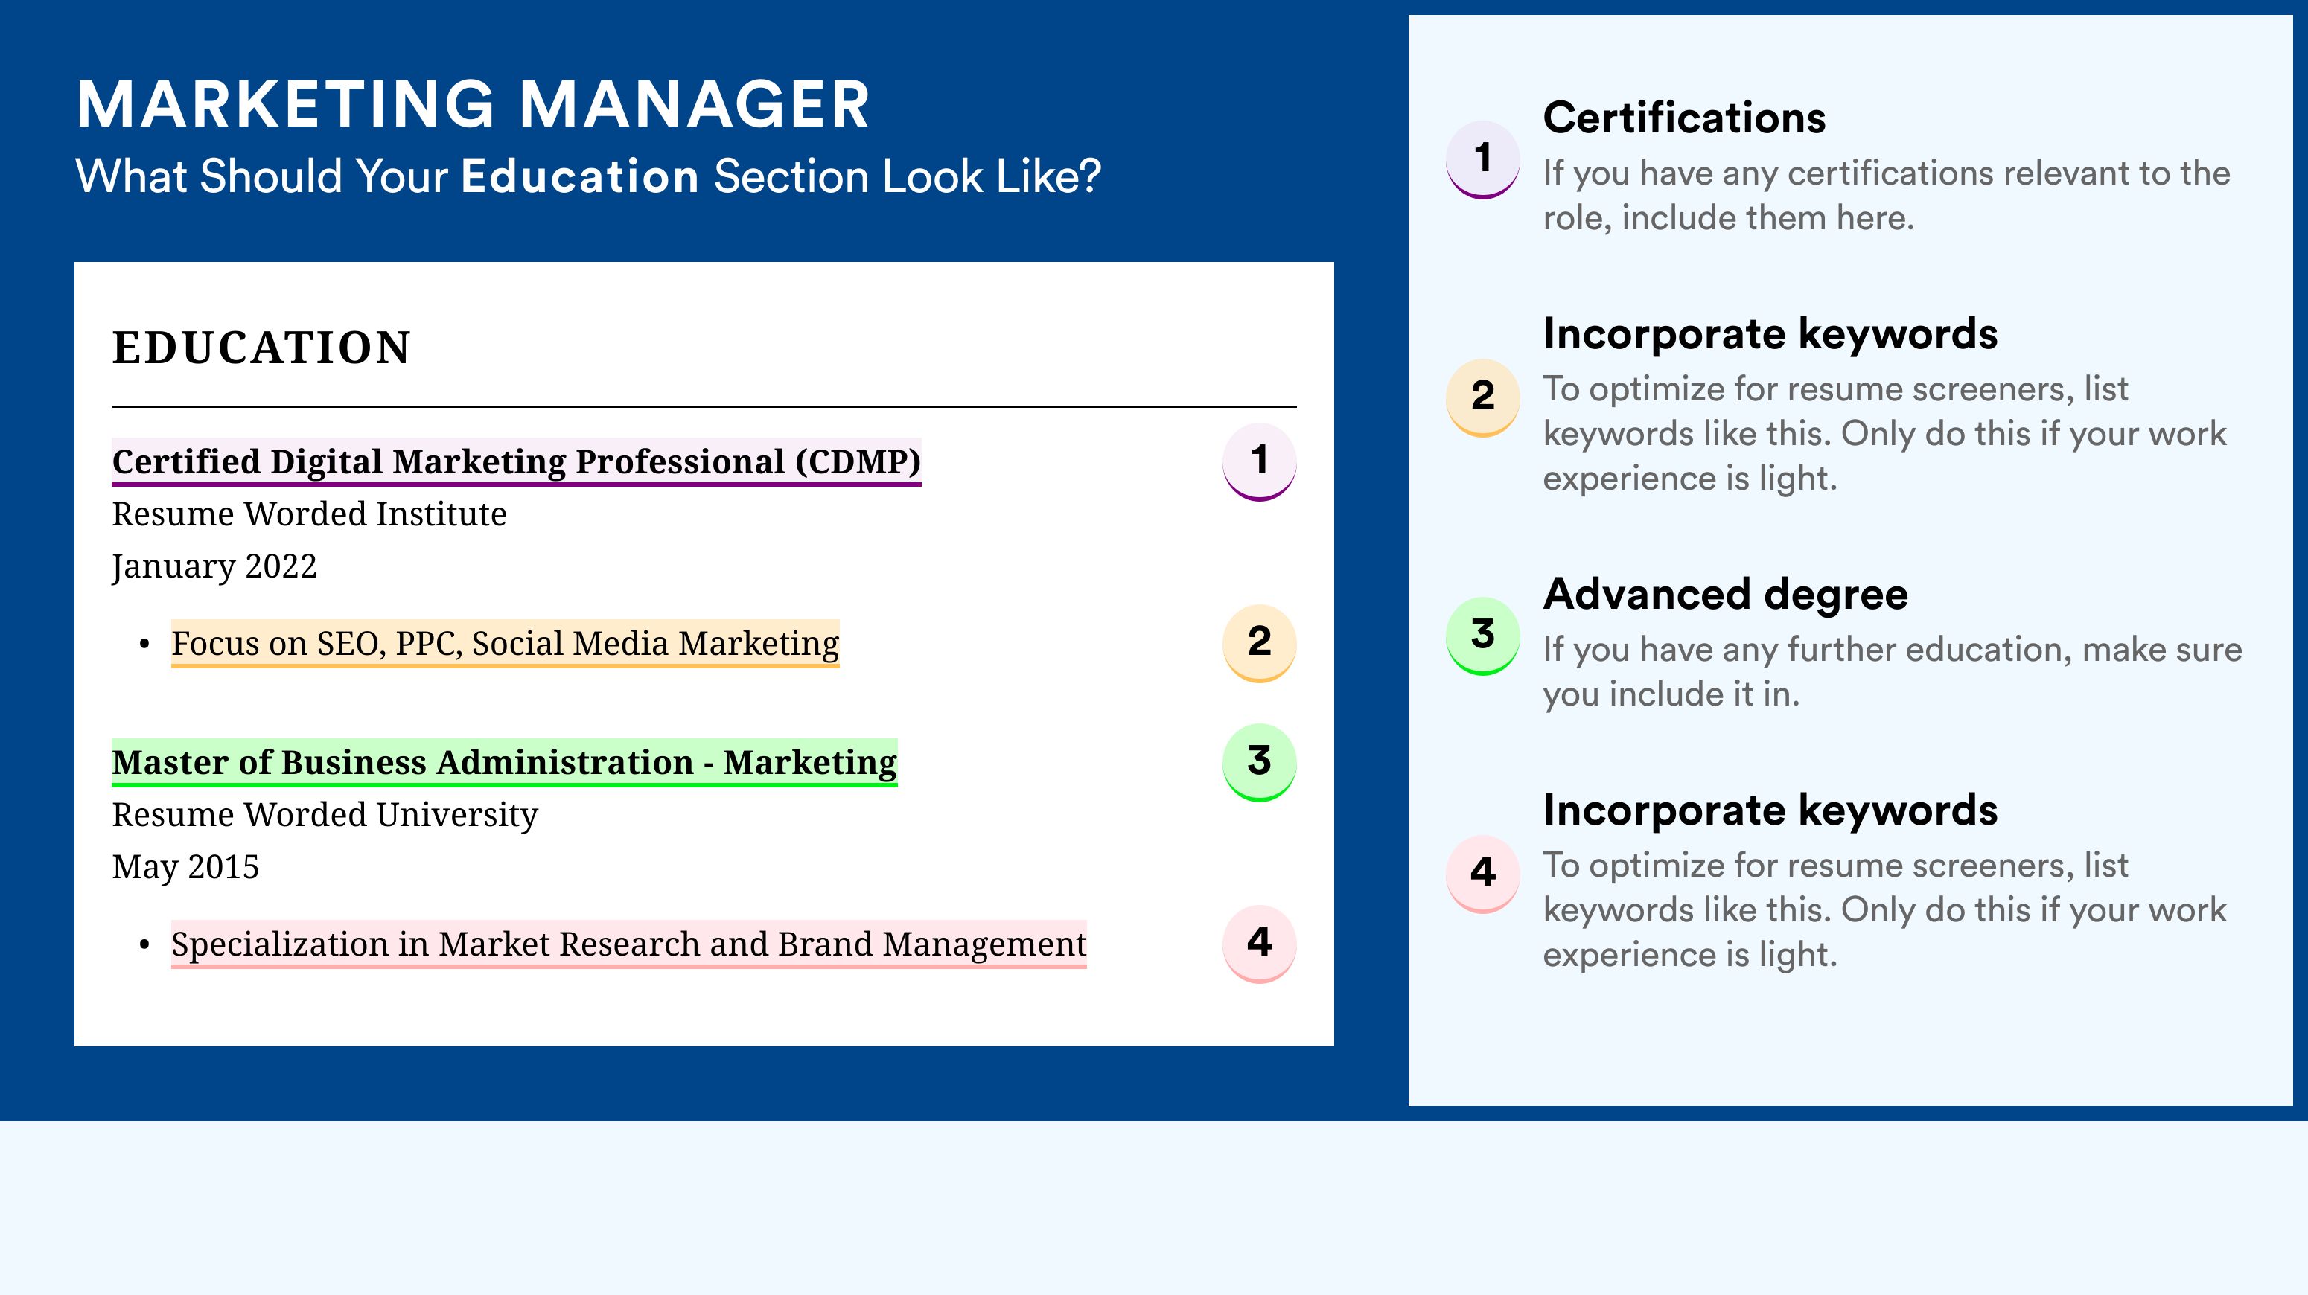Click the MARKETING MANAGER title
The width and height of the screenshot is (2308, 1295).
point(473,104)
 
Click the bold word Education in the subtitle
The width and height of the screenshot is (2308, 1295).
point(580,176)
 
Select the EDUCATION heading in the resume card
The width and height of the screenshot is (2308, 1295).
point(261,348)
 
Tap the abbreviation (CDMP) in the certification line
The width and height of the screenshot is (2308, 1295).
point(858,461)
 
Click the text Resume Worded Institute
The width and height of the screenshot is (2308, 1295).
point(309,514)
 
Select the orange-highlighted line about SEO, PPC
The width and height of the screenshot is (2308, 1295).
point(506,643)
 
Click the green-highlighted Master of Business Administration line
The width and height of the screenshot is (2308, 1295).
point(505,762)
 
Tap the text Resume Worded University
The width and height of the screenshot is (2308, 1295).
point(325,815)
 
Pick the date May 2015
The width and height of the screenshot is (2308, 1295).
point(185,867)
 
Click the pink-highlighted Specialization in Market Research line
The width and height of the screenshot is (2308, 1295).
point(629,944)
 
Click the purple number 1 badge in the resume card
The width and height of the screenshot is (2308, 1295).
point(1260,461)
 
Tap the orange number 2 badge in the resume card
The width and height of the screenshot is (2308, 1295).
point(1260,643)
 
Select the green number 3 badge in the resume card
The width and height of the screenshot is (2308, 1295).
point(1260,762)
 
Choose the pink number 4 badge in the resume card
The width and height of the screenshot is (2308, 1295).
point(1260,944)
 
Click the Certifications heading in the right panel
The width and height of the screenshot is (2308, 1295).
point(1684,118)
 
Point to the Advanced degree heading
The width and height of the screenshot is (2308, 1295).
point(1726,594)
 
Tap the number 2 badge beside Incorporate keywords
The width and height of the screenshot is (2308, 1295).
point(1483,397)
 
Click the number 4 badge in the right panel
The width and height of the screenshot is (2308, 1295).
point(1483,874)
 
